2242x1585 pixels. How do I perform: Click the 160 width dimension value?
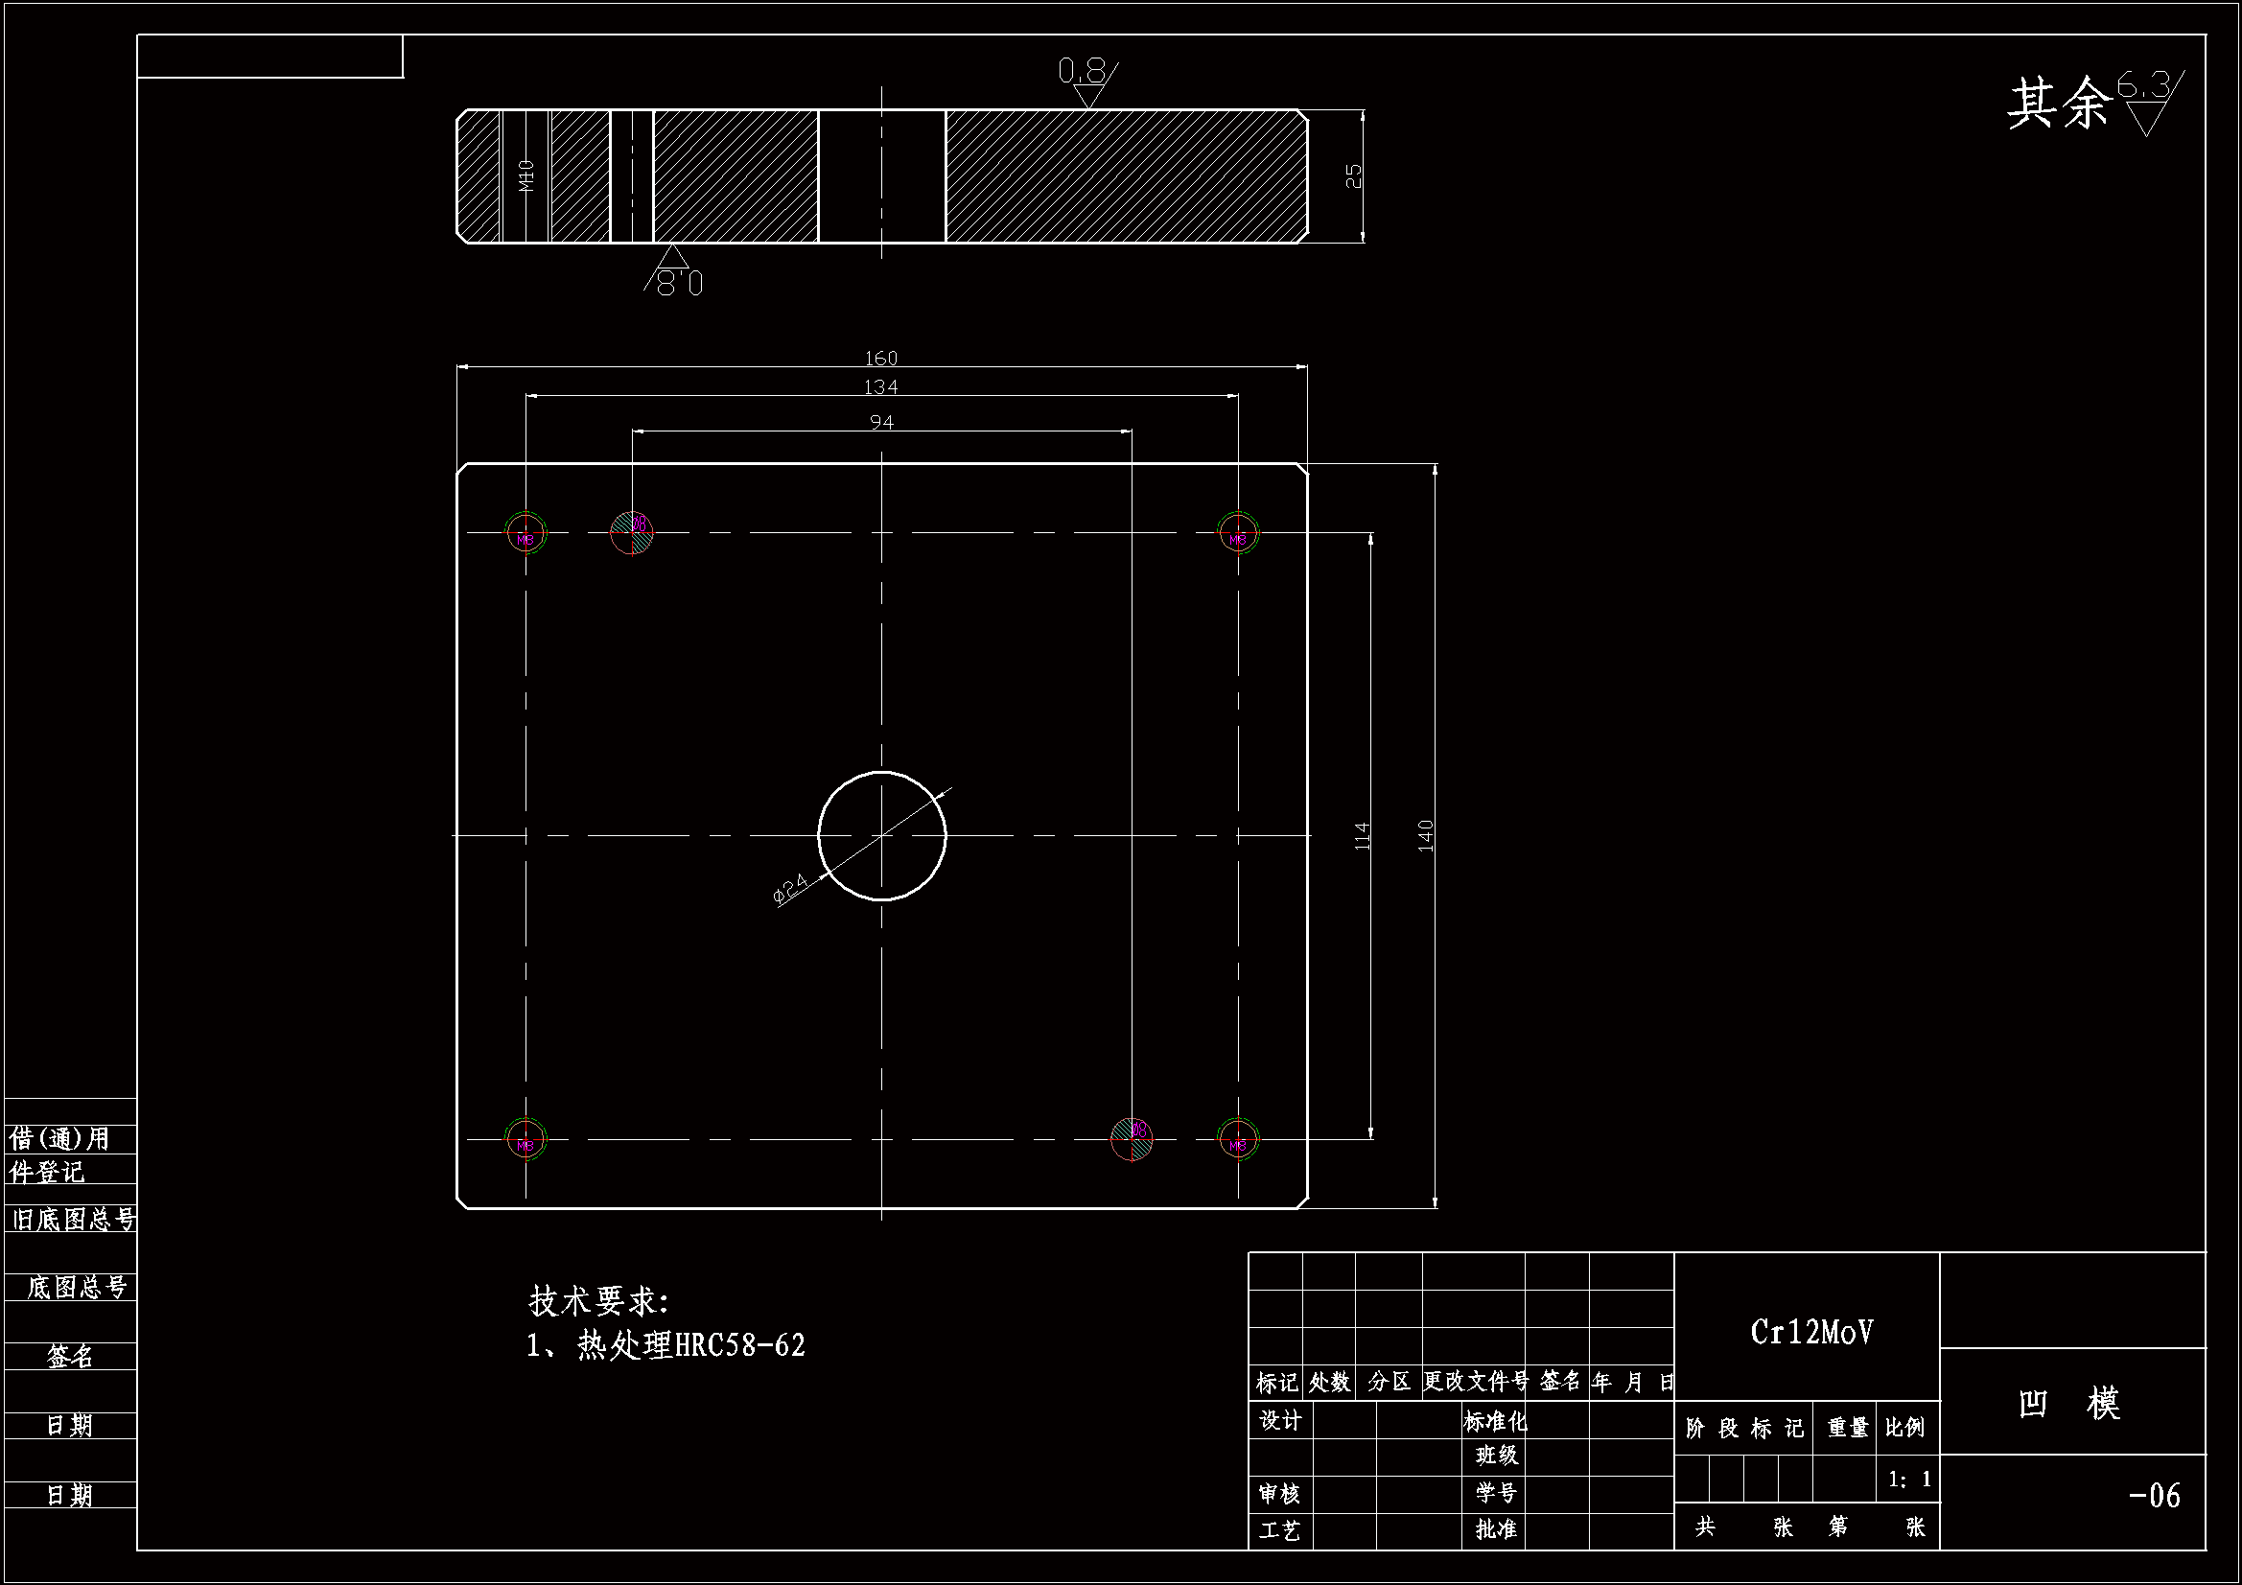pos(880,359)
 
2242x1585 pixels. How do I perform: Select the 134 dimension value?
pos(880,387)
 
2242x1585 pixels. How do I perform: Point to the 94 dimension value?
pos(880,422)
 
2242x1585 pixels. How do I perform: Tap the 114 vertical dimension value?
pos(1363,836)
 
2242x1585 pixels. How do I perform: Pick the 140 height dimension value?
pos(1425,836)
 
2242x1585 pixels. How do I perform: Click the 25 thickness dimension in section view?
pos(1353,175)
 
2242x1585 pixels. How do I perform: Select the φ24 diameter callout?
pos(790,889)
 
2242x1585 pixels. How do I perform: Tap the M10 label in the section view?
pos(527,175)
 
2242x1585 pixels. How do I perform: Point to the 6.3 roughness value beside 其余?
pos(2143,87)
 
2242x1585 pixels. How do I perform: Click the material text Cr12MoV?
pos(1811,1332)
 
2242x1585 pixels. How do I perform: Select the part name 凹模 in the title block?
pos(2069,1404)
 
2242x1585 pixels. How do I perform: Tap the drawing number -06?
pos(2153,1496)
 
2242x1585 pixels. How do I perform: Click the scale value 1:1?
pos(1909,1480)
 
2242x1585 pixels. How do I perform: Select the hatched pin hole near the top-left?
pos(632,532)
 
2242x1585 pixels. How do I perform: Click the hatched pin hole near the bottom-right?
pos(1132,1138)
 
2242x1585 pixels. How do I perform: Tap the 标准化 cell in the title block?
pos(1495,1421)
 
